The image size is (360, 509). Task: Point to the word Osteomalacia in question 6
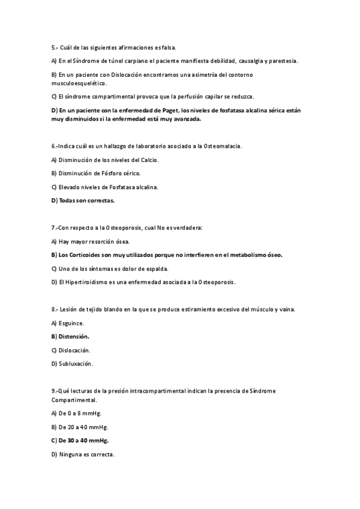(223, 146)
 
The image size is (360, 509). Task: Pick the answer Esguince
(71, 323)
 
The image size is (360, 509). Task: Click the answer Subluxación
(75, 364)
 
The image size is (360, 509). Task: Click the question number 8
(54, 309)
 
